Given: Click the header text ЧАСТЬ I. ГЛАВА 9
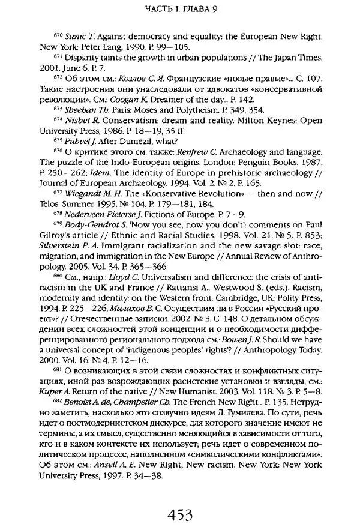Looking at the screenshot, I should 179,10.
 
